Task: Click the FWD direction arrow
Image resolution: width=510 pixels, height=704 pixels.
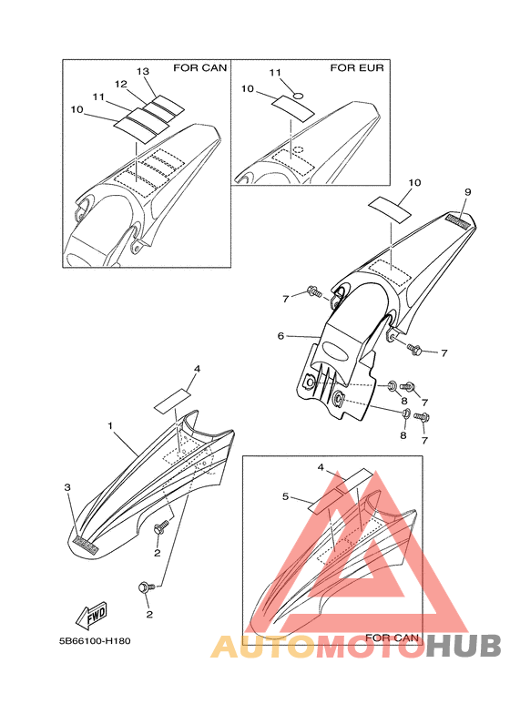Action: pyautogui.click(x=92, y=616)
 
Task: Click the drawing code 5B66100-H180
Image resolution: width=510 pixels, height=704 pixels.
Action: pyautogui.click(x=96, y=641)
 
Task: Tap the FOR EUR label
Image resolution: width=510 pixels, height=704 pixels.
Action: pyautogui.click(x=357, y=67)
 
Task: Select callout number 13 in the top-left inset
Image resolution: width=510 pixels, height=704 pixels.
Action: pyautogui.click(x=143, y=71)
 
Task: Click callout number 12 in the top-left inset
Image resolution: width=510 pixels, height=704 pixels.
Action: pyautogui.click(x=121, y=84)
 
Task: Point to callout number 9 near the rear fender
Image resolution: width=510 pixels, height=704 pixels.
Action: pyautogui.click(x=468, y=192)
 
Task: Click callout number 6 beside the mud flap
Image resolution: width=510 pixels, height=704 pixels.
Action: pyautogui.click(x=281, y=336)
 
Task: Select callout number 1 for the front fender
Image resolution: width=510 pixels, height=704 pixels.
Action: pyautogui.click(x=110, y=425)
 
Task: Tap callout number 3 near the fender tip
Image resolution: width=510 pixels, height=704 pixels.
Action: pyautogui.click(x=67, y=487)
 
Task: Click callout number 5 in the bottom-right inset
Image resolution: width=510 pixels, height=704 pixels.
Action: pyautogui.click(x=286, y=496)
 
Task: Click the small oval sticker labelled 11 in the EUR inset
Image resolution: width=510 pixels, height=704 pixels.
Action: pyautogui.click(x=298, y=96)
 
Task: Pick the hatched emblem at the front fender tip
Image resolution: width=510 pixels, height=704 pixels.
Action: pyautogui.click(x=87, y=544)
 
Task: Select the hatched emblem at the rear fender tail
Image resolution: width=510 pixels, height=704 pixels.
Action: pyautogui.click(x=458, y=221)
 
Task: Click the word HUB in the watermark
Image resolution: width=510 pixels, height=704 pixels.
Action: pyautogui.click(x=464, y=647)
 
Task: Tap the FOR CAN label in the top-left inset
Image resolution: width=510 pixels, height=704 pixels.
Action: pyautogui.click(x=200, y=67)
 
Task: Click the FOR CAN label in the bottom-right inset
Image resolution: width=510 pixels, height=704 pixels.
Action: pyautogui.click(x=392, y=638)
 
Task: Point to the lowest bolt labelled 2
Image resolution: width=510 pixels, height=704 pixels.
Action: pyautogui.click(x=146, y=587)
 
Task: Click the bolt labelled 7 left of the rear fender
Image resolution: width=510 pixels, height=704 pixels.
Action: pyautogui.click(x=314, y=292)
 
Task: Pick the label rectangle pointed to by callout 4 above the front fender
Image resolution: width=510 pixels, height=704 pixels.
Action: pyautogui.click(x=172, y=401)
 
